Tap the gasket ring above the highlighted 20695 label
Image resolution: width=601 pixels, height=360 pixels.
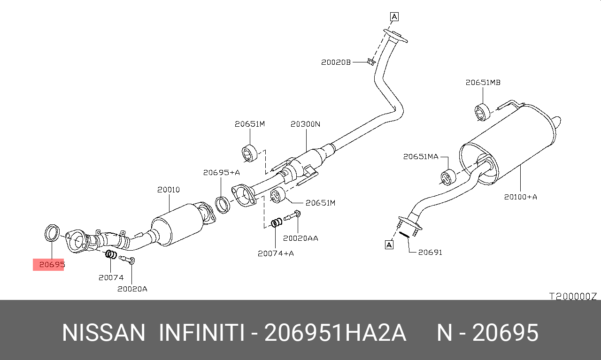point(46,234)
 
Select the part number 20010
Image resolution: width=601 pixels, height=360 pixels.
point(169,190)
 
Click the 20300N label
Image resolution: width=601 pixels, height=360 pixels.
point(305,124)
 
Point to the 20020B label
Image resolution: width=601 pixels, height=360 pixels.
point(336,62)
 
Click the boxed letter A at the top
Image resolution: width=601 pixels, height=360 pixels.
point(394,16)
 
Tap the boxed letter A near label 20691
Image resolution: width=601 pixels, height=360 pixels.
point(389,245)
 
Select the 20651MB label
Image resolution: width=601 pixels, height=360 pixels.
point(483,83)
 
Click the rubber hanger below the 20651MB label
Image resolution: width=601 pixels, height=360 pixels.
point(482,112)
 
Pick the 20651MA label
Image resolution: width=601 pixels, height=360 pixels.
point(421,157)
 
